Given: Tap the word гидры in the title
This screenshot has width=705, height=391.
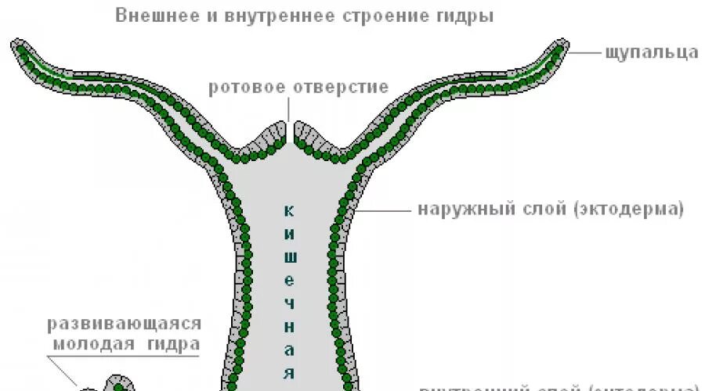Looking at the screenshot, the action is [x=471, y=16].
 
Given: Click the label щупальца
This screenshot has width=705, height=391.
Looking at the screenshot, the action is [x=652, y=53].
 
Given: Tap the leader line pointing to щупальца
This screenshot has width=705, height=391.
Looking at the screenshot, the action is [x=584, y=53].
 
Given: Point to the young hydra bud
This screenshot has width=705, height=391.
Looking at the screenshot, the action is [x=117, y=383].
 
